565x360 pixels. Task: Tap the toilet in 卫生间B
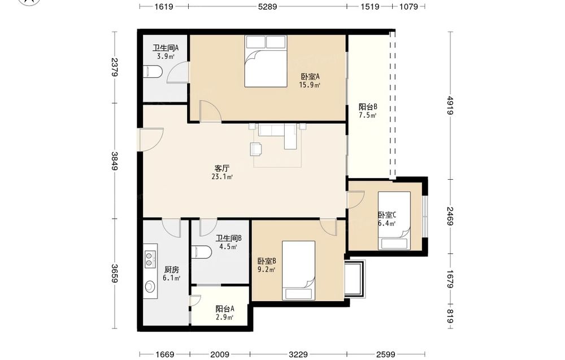tap(201, 252)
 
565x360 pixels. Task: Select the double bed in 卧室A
tap(266, 61)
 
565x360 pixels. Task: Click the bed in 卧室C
tap(394, 220)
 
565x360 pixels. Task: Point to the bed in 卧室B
tap(298, 270)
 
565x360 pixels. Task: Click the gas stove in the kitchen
tap(149, 260)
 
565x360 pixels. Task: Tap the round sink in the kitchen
tap(150, 287)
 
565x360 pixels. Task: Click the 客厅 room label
tap(221, 168)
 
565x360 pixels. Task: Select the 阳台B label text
tap(368, 107)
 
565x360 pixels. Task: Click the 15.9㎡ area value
tap(310, 85)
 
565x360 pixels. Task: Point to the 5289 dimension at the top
tap(267, 6)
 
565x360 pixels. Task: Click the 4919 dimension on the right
tap(450, 105)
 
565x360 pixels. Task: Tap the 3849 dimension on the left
tap(114, 161)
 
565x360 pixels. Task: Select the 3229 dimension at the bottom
tap(298, 354)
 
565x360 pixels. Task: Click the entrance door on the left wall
tap(151, 139)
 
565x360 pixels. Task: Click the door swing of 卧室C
tap(356, 199)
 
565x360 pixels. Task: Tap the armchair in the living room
tap(255, 149)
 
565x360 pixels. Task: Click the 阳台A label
tap(225, 309)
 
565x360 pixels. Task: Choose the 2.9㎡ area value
tap(224, 318)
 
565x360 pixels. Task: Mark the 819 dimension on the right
tap(450, 316)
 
